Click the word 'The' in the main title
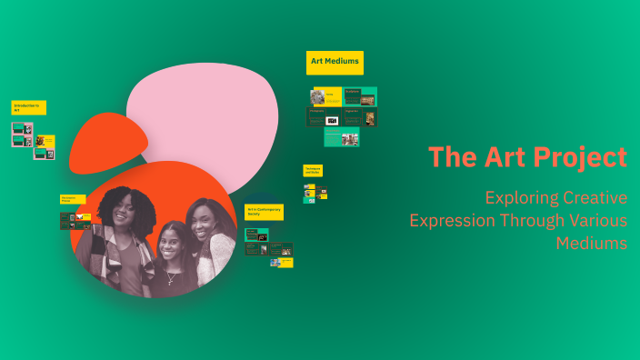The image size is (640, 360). coord(448,157)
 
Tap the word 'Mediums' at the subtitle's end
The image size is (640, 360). coord(592,244)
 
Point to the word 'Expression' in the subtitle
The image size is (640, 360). coord(453,220)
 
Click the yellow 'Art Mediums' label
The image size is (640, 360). coord(335,62)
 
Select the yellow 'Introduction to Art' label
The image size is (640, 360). coord(28,107)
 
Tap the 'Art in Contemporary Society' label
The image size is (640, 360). coord(264,212)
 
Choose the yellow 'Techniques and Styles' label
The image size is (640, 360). coord(313,170)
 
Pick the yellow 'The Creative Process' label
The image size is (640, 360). coord(73,199)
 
